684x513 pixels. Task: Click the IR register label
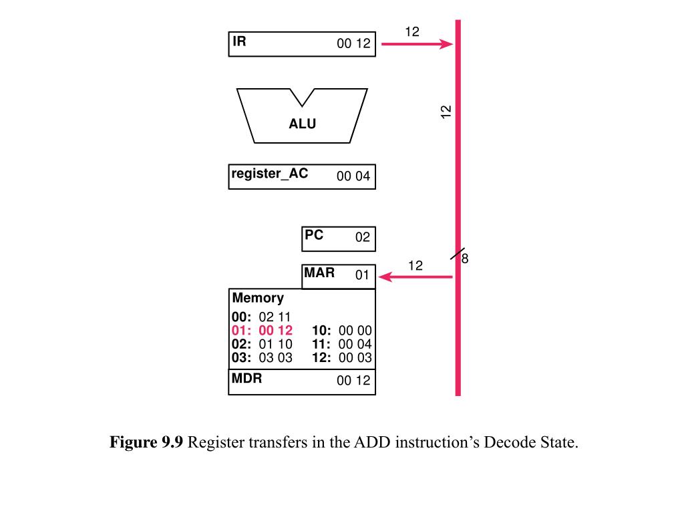click(239, 41)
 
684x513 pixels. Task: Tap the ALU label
click(302, 124)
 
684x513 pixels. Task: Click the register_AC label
click(270, 174)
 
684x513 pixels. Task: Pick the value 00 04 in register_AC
click(353, 177)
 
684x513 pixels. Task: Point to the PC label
click(314, 235)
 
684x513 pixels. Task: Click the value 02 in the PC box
click(362, 238)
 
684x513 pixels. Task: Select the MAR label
click(319, 273)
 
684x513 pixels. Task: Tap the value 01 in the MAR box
click(362, 275)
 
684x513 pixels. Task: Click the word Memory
click(258, 298)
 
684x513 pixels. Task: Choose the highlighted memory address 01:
click(240, 331)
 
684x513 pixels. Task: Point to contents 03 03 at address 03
click(275, 357)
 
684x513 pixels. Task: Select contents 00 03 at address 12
click(355, 357)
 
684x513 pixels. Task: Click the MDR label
click(246, 378)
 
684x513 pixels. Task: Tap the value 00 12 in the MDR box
click(353, 381)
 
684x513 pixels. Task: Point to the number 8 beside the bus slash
click(466, 259)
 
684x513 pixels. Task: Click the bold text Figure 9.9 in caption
click(146, 443)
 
